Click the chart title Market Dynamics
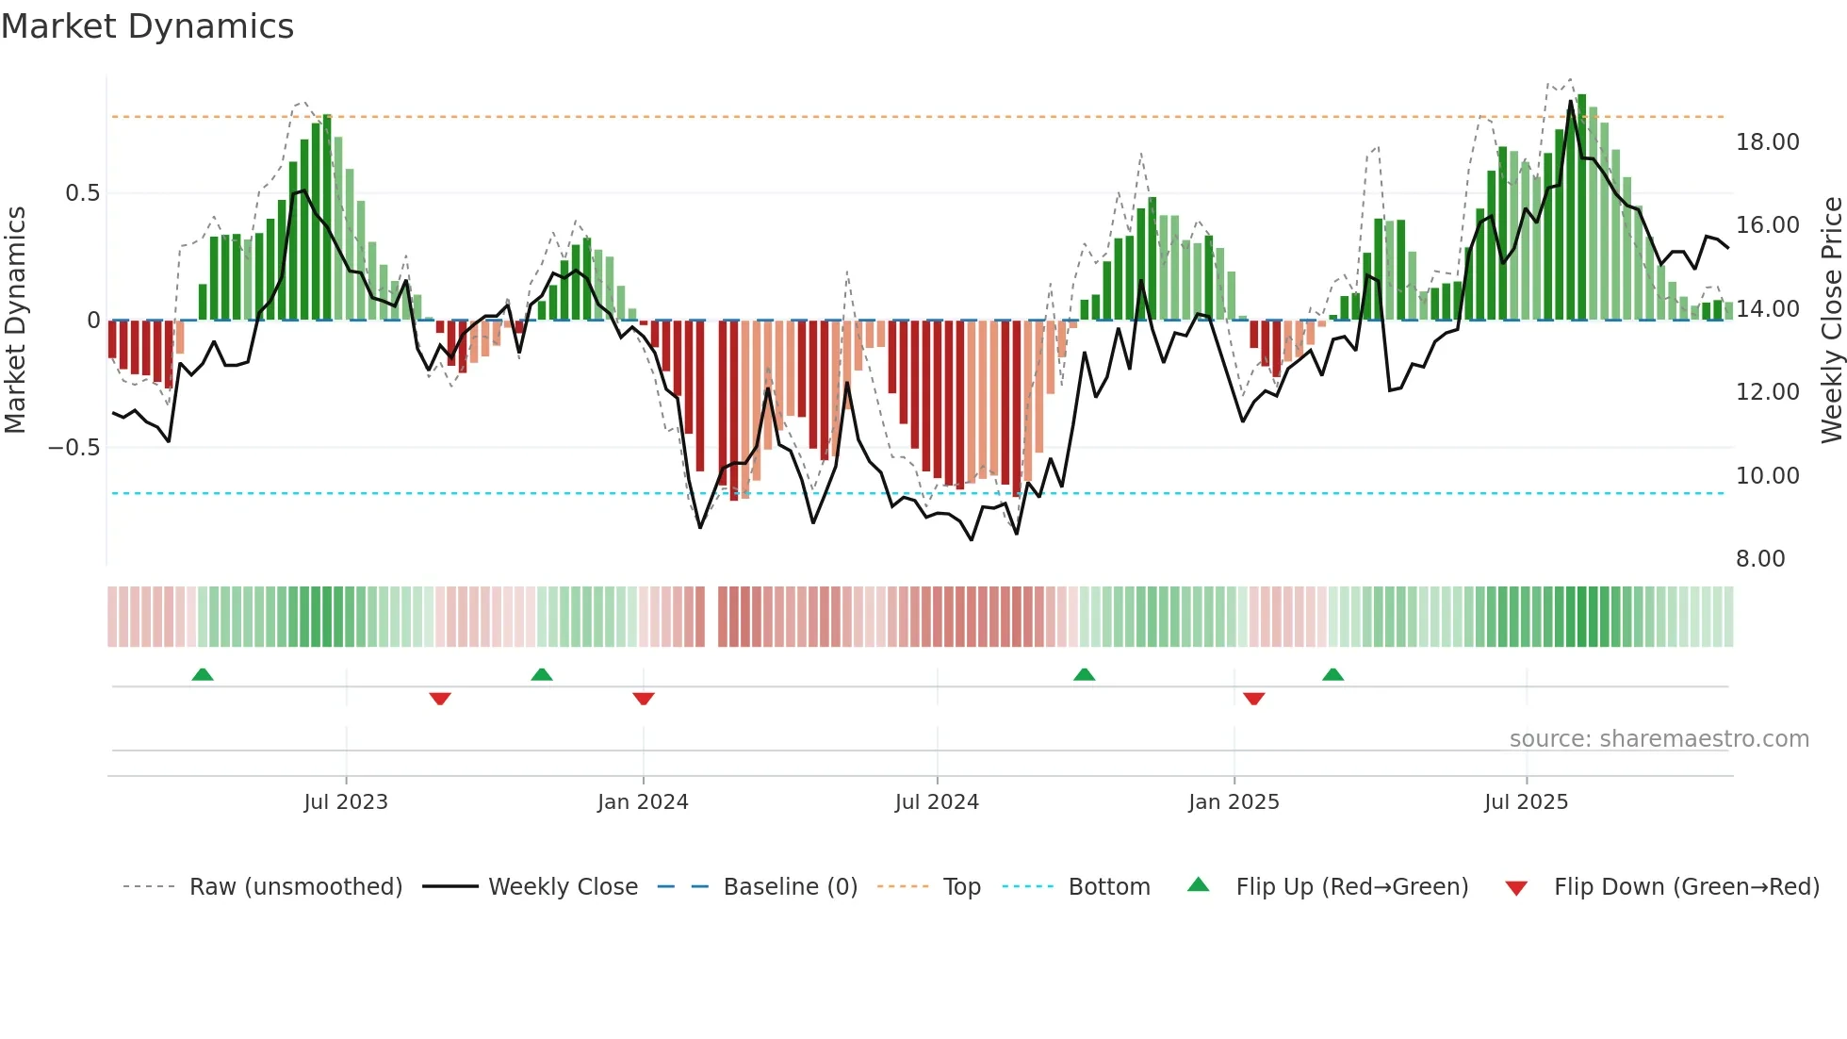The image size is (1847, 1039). coord(147,26)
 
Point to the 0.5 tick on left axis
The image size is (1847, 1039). coord(82,193)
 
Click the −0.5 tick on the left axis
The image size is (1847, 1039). coord(74,448)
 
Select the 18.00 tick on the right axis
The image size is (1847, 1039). coord(1767,142)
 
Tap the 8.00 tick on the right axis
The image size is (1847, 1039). coord(1760,559)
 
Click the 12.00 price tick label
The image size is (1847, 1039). coord(1767,392)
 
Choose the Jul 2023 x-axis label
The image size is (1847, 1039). coord(346,802)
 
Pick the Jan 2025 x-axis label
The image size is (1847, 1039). coord(1234,802)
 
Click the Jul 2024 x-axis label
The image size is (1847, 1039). coord(937,802)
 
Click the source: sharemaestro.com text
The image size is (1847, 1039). coord(1659,739)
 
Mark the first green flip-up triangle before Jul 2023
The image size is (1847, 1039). coord(203,674)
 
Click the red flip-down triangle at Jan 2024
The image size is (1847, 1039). coord(644,699)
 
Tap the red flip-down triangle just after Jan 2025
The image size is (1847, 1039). coord(1253,699)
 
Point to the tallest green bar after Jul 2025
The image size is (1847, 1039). coord(1581,207)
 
